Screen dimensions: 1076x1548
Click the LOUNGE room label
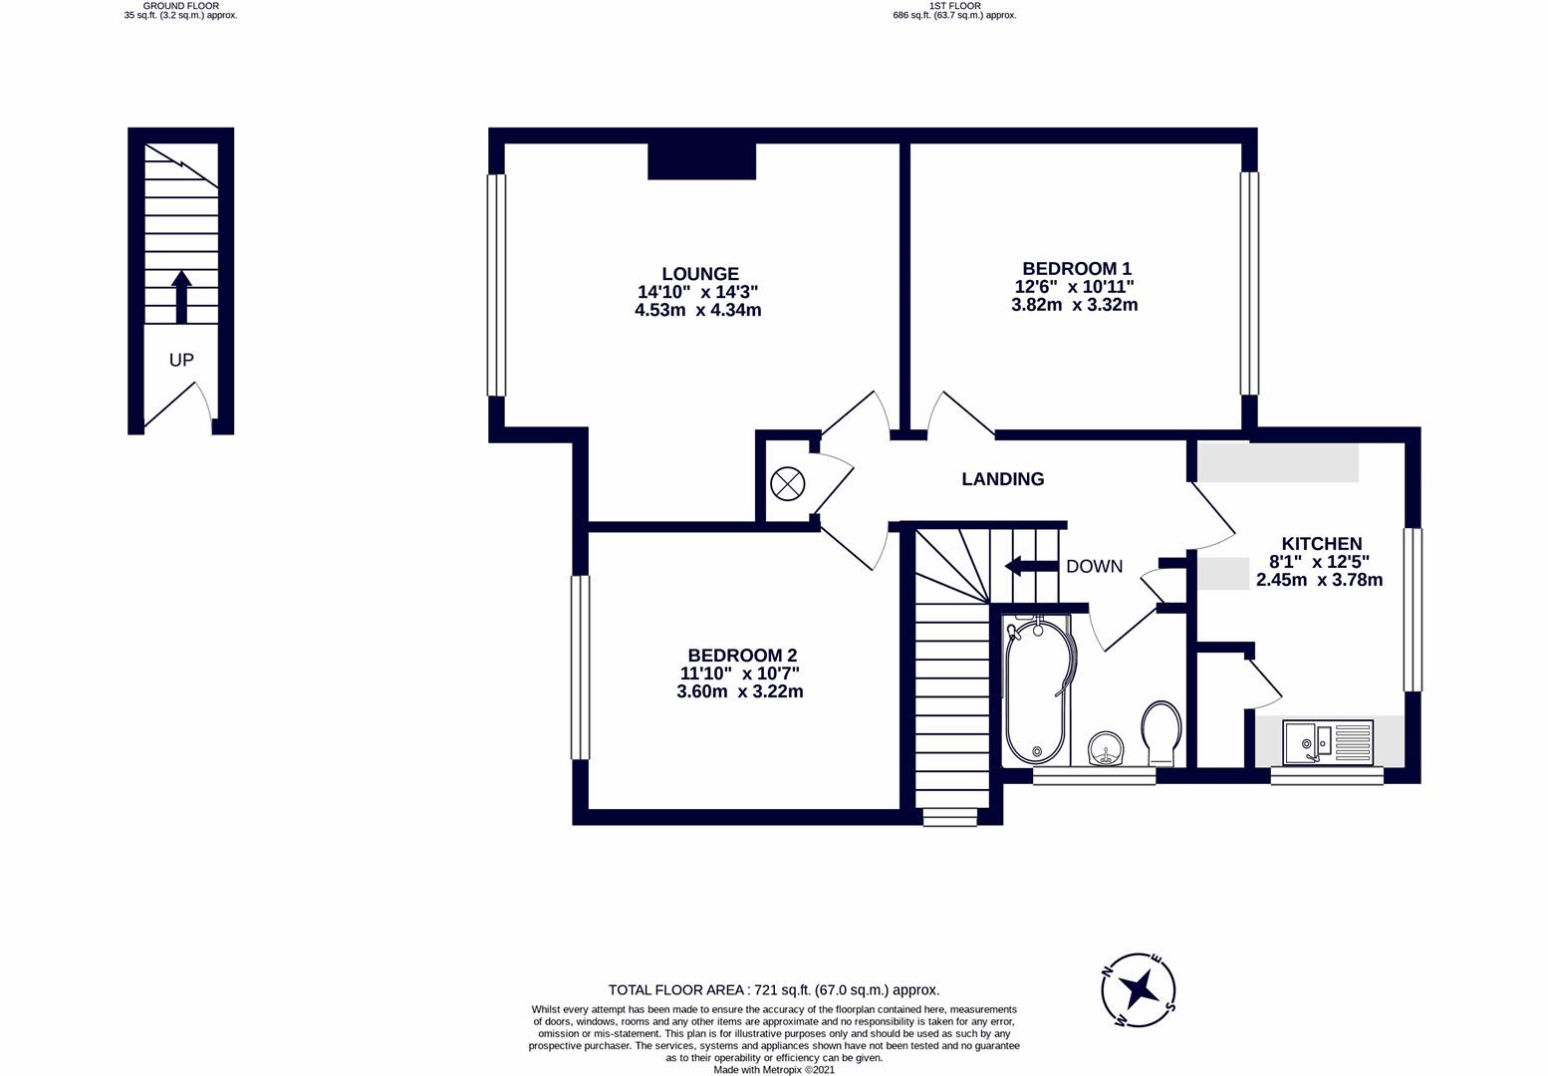(x=700, y=274)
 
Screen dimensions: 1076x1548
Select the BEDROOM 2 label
(x=742, y=656)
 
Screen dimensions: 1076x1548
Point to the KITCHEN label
(x=1321, y=544)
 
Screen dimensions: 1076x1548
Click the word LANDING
(x=1002, y=479)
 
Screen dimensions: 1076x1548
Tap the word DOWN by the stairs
(x=1094, y=567)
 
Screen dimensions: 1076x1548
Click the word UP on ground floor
(x=181, y=360)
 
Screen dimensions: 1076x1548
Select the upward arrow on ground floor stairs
(x=181, y=296)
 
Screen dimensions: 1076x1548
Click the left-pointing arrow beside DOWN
(x=1029, y=567)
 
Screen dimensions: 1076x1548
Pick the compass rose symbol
(x=1139, y=990)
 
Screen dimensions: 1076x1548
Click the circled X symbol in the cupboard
(x=787, y=485)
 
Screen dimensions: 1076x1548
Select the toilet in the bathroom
(x=1161, y=732)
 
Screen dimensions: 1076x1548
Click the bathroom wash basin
(x=1105, y=747)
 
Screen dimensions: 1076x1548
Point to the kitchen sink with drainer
(x=1328, y=741)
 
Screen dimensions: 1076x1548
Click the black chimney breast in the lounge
(x=701, y=161)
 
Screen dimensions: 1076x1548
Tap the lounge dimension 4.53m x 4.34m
(x=697, y=310)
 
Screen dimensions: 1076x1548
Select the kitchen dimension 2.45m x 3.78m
(x=1319, y=580)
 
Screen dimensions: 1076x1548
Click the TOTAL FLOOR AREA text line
(x=774, y=990)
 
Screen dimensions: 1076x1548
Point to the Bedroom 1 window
(x=1249, y=283)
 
